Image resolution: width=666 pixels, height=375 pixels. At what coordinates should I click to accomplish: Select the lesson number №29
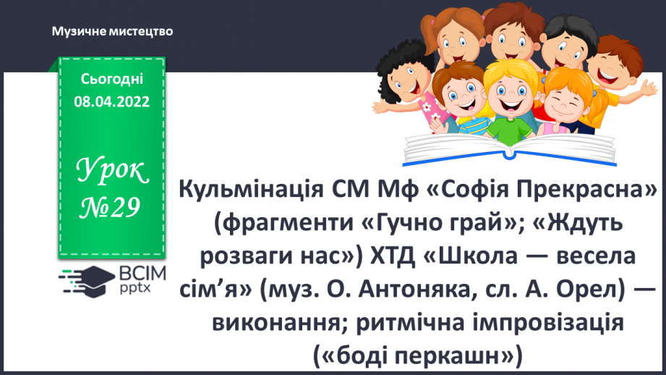pyautogui.click(x=111, y=208)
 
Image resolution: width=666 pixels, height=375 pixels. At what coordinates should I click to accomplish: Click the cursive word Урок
pyautogui.click(x=112, y=172)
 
